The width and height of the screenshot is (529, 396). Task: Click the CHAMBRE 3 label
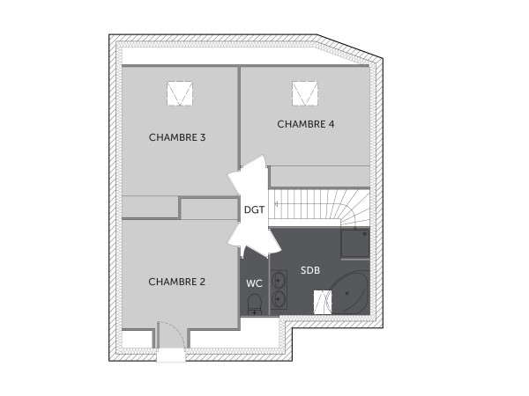(x=177, y=137)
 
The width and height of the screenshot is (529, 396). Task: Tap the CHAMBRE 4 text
(x=305, y=124)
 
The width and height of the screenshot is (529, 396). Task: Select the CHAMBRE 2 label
(x=176, y=282)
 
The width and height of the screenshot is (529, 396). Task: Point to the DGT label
(x=254, y=209)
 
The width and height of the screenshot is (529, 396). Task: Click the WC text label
(x=254, y=283)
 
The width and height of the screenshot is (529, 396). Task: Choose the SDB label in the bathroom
(x=310, y=269)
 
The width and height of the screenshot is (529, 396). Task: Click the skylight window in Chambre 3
(x=180, y=92)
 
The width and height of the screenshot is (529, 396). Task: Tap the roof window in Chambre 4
(x=306, y=92)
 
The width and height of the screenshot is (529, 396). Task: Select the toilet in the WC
(x=254, y=305)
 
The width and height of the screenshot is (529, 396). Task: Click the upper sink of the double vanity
(x=279, y=282)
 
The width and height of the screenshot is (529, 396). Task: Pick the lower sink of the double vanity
(x=279, y=299)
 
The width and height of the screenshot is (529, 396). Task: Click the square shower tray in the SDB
(x=355, y=244)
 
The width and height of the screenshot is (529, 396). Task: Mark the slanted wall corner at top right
(x=352, y=48)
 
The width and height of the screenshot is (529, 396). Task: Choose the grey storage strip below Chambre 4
(x=318, y=175)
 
